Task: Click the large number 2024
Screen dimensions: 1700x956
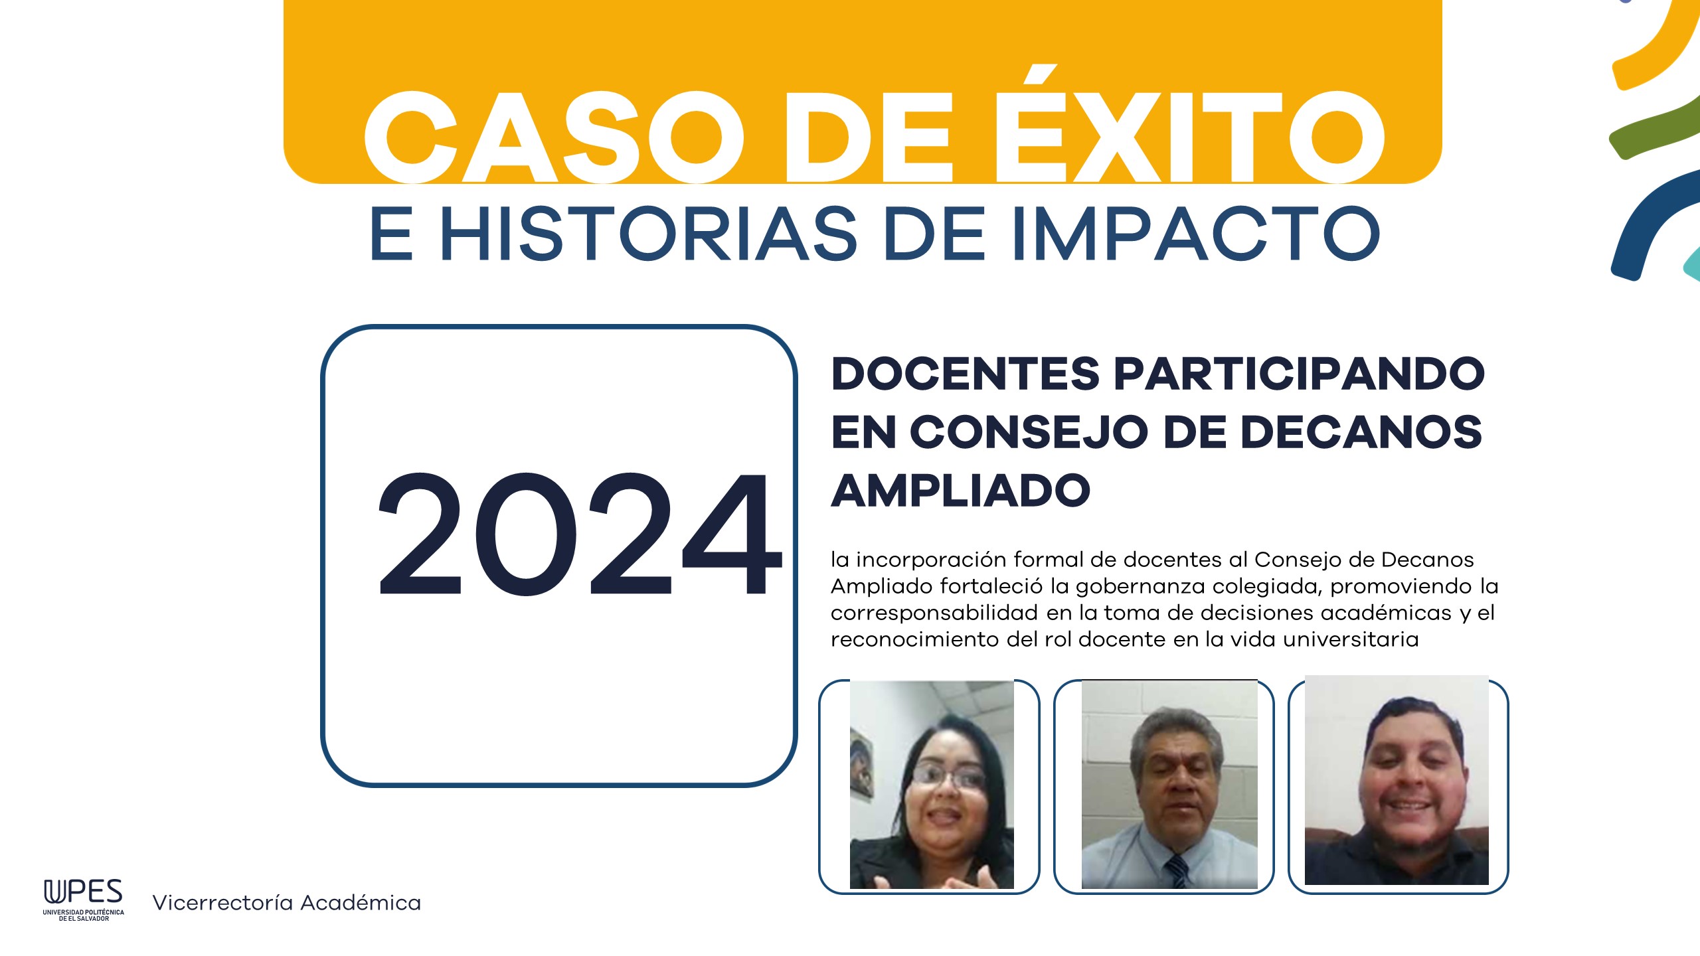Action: coord(579,534)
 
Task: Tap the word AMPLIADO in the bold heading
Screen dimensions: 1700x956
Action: coord(961,491)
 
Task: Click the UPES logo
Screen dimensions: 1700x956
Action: coord(84,900)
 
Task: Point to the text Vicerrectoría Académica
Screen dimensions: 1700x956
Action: coord(287,903)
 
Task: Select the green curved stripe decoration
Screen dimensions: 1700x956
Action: coord(1654,129)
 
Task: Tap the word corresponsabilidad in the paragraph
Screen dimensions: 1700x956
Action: coord(934,613)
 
